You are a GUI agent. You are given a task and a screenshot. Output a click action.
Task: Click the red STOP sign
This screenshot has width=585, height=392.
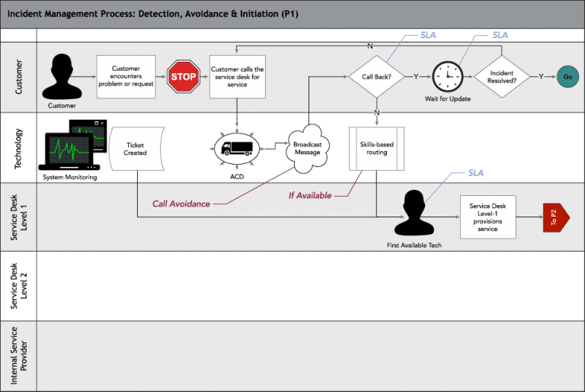pyautogui.click(x=182, y=77)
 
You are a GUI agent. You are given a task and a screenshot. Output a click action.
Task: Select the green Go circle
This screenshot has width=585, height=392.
pyautogui.click(x=567, y=77)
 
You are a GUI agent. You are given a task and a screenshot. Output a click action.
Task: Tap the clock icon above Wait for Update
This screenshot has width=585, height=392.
pyautogui.click(x=448, y=76)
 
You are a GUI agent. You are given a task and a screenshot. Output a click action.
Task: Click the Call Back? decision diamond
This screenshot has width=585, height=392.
pyautogui.click(x=376, y=77)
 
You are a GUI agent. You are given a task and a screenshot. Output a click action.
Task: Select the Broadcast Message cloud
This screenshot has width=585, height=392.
pyautogui.click(x=308, y=148)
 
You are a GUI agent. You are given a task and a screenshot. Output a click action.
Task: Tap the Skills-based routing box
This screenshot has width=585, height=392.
pyautogui.click(x=377, y=148)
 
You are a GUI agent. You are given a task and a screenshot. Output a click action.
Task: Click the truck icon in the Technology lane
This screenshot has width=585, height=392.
pyautogui.click(x=237, y=148)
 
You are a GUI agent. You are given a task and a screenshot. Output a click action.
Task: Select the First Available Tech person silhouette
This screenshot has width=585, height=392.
pyautogui.click(x=414, y=214)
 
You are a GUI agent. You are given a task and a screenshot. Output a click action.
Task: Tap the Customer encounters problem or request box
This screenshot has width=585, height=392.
pyautogui.click(x=126, y=77)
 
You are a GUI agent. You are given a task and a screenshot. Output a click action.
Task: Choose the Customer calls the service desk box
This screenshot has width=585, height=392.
pyautogui.click(x=237, y=77)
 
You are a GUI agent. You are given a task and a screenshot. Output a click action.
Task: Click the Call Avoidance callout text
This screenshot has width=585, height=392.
pyautogui.click(x=181, y=204)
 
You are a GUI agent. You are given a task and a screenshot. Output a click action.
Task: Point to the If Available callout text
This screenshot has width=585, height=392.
pyautogui.click(x=310, y=195)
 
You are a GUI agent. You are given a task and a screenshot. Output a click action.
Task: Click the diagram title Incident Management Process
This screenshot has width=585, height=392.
pyautogui.click(x=152, y=14)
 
